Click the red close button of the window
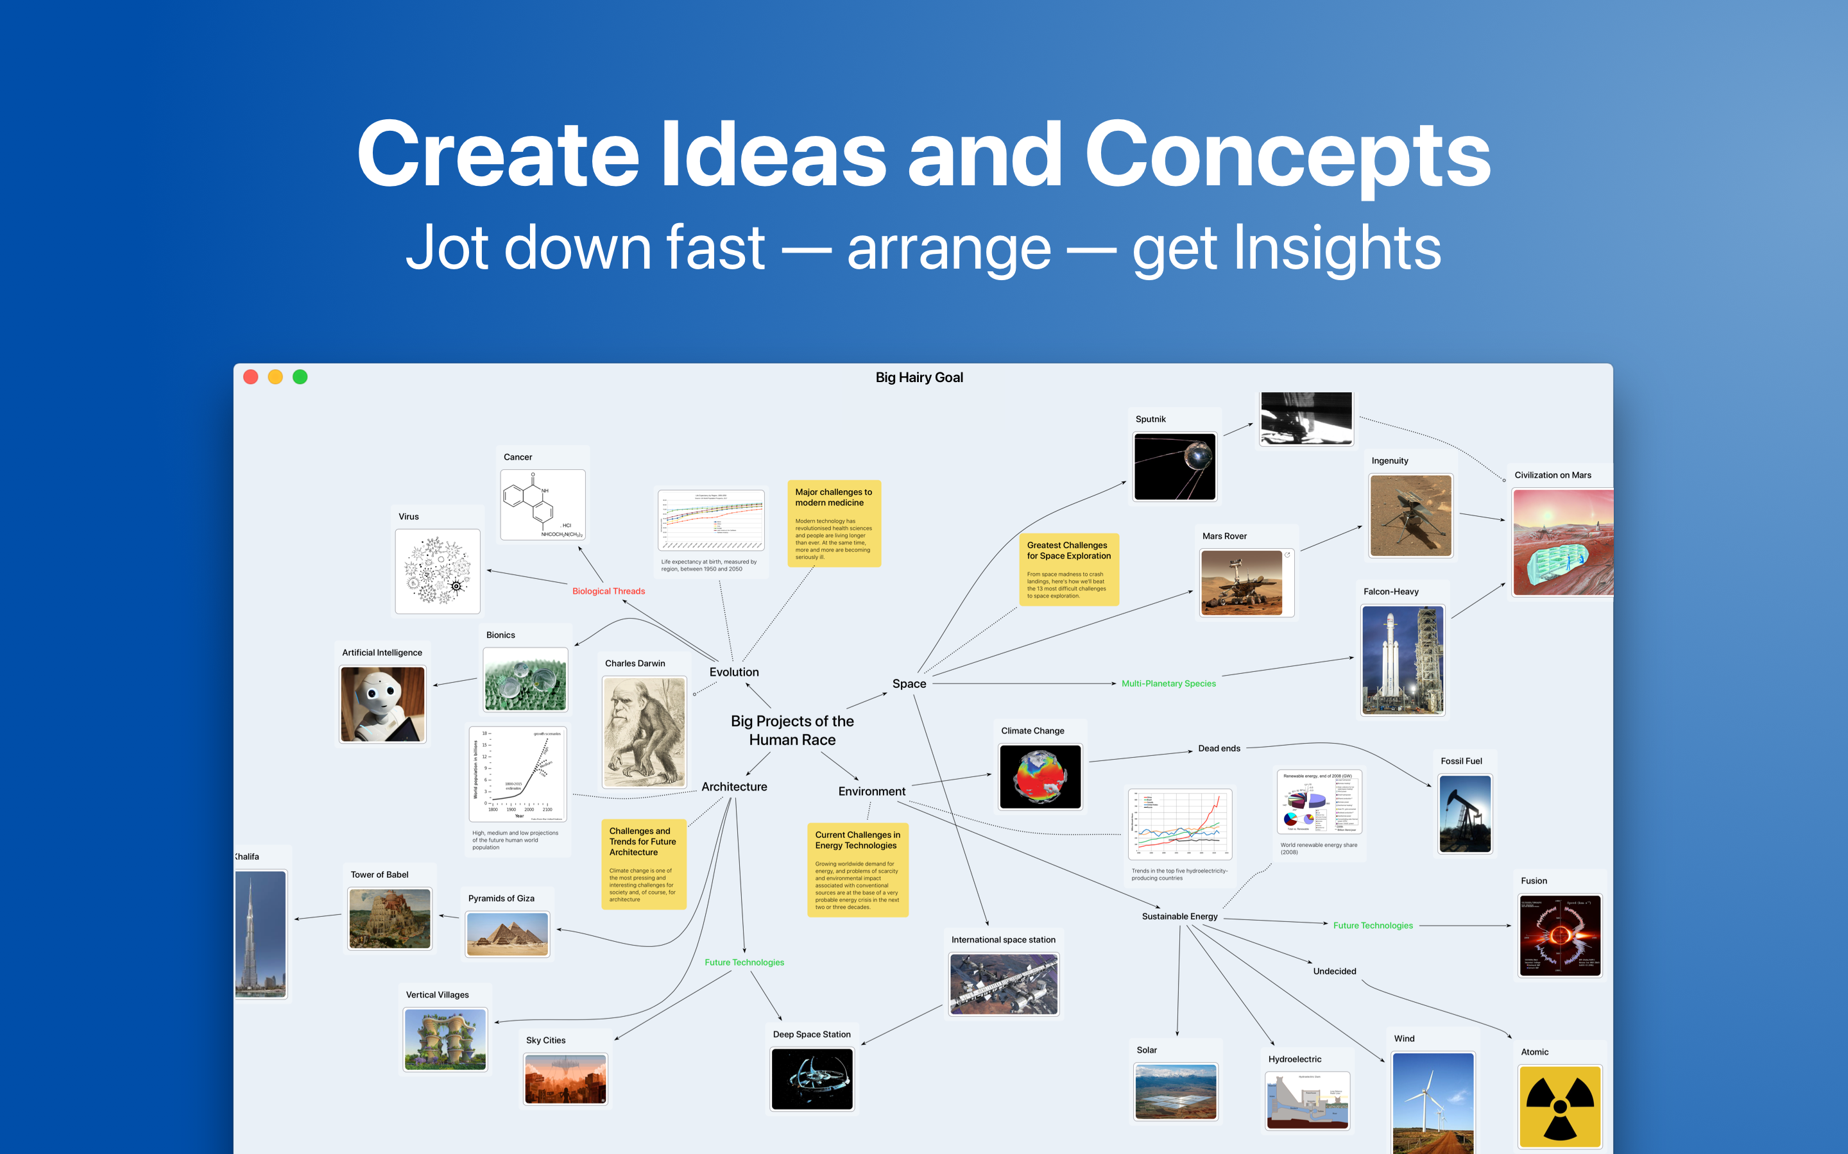(x=250, y=377)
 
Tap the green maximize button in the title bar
(x=300, y=377)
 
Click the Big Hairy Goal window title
(x=919, y=377)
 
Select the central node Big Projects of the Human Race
(x=792, y=730)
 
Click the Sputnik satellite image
(x=1174, y=466)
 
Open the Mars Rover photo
(x=1242, y=582)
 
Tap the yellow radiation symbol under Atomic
(x=1559, y=1106)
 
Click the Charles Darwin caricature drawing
(x=644, y=732)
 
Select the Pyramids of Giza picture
(x=507, y=934)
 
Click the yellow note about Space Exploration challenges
(x=1068, y=569)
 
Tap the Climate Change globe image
(x=1039, y=776)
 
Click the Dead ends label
(x=1219, y=748)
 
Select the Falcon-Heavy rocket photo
(x=1402, y=660)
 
